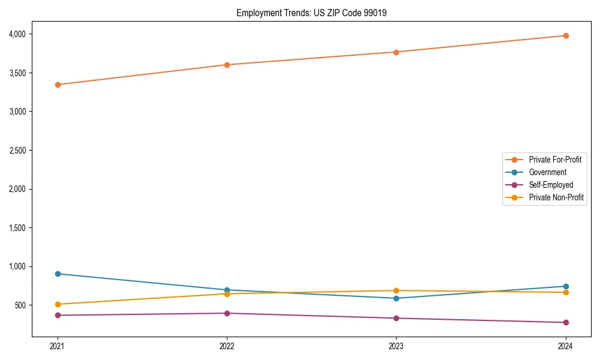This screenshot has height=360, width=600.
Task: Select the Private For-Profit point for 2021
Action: [x=58, y=85]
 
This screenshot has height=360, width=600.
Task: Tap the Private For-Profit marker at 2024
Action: [x=565, y=35]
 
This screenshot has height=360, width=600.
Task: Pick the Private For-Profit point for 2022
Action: [x=227, y=65]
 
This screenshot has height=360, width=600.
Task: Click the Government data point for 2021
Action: [x=58, y=274]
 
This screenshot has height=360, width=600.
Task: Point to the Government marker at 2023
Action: [x=396, y=298]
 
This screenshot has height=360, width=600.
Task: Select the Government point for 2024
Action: [x=565, y=286]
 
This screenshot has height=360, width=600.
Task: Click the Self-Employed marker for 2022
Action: [x=227, y=313]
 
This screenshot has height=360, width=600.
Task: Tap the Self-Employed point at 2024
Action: [x=565, y=322]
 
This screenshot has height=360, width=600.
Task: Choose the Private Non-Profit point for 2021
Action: [x=58, y=304]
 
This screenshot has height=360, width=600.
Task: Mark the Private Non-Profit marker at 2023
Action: [x=396, y=290]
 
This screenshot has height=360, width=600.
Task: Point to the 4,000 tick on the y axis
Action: [x=17, y=34]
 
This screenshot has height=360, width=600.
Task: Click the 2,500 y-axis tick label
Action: [x=17, y=151]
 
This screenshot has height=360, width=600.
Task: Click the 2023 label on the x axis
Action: [x=396, y=346]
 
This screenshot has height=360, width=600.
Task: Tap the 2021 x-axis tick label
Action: [x=58, y=346]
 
